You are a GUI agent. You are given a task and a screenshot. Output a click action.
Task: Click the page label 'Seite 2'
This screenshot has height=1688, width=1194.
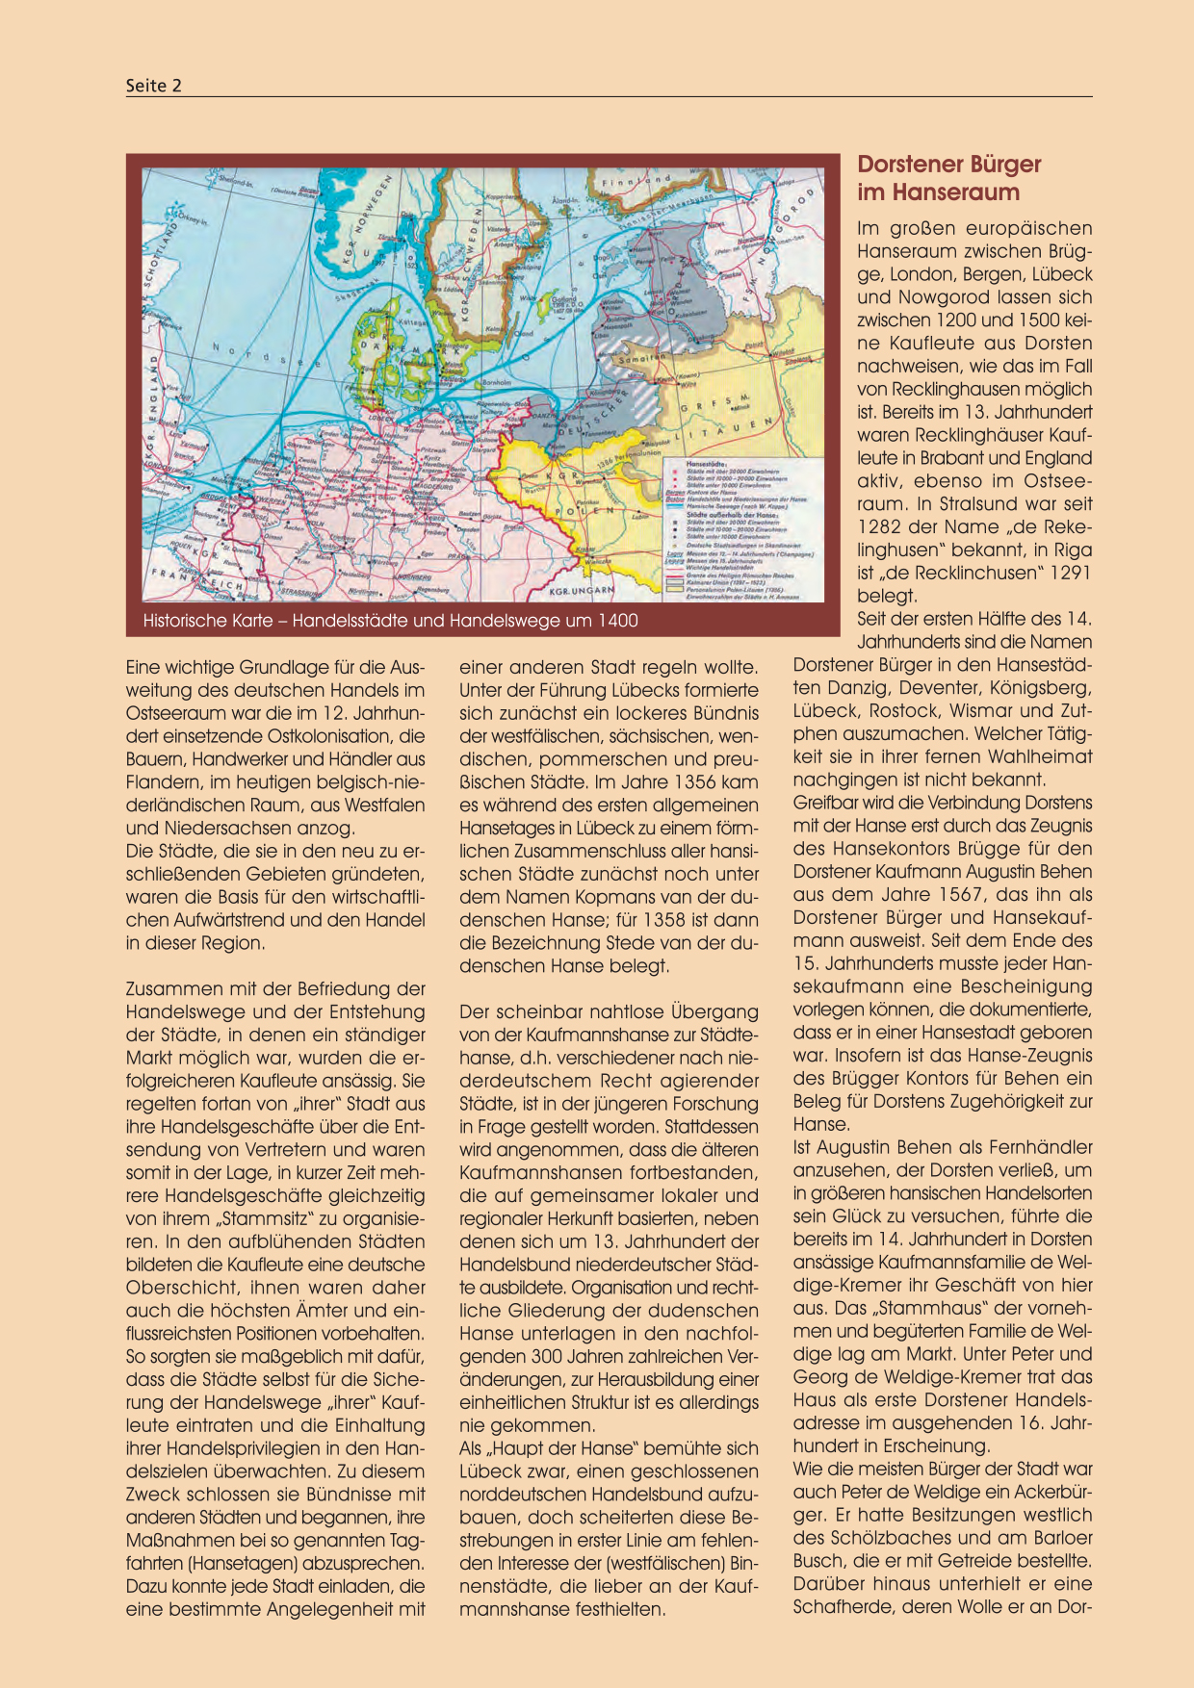[x=154, y=86]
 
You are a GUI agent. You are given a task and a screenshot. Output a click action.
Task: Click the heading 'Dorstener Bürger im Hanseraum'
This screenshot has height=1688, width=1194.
[x=948, y=178]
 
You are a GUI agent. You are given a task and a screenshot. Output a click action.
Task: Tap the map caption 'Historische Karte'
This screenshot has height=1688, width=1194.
[x=390, y=621]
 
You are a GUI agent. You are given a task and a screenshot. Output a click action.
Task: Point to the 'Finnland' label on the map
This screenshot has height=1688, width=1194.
[x=636, y=181]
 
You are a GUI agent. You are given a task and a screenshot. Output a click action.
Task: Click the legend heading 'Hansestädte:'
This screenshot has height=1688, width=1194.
[x=706, y=463]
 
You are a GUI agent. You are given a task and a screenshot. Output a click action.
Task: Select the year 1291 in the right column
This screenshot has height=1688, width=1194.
[x=1070, y=574]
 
